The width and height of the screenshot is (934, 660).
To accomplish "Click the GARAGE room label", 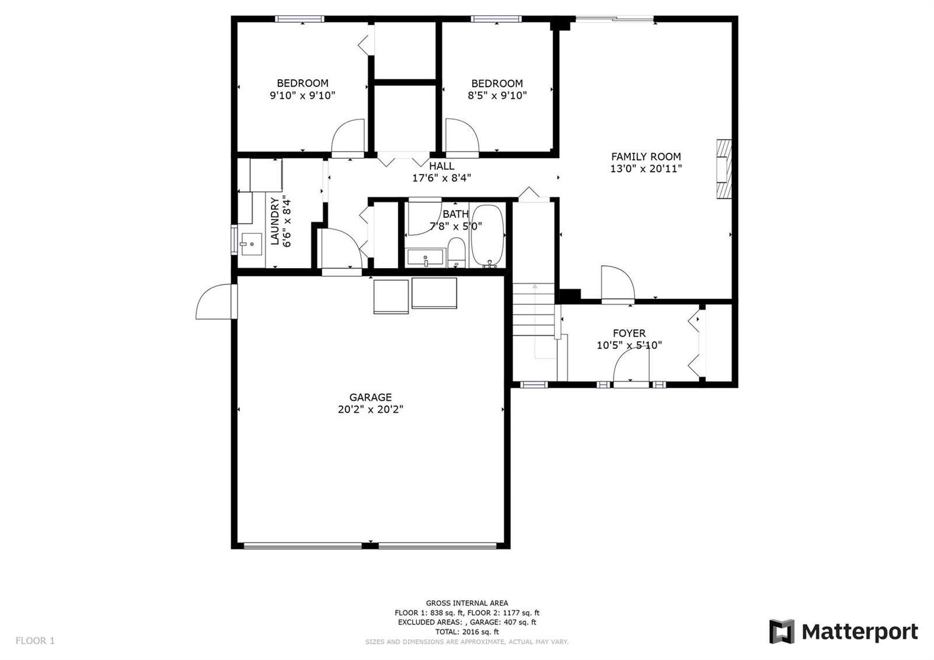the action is (370, 397).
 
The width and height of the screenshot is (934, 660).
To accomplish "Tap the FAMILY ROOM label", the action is (646, 157).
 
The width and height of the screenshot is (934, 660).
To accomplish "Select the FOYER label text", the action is (629, 334).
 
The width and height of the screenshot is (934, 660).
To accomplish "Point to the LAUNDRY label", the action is (274, 221).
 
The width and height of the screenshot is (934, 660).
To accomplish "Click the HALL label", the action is (441, 166).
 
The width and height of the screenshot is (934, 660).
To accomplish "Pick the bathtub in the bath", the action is (487, 236).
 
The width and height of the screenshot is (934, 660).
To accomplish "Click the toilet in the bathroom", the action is (456, 252).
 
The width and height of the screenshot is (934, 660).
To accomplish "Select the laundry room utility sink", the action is (252, 244).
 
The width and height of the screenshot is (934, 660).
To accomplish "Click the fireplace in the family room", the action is (724, 169).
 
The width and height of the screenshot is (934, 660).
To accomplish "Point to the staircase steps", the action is (534, 310).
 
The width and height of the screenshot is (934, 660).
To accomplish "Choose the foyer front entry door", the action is (631, 364).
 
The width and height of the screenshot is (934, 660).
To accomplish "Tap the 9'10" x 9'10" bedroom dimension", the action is (302, 96).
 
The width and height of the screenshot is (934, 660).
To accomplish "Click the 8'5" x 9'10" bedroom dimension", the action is (497, 96).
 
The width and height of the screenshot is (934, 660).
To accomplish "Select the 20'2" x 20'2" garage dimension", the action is (370, 409).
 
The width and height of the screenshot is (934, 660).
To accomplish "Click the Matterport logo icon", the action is (782, 631).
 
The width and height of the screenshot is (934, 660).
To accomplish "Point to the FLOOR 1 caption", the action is (35, 640).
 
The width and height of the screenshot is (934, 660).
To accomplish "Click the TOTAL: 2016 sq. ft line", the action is (467, 631).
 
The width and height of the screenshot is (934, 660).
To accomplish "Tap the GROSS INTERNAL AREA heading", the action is (467, 603).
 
